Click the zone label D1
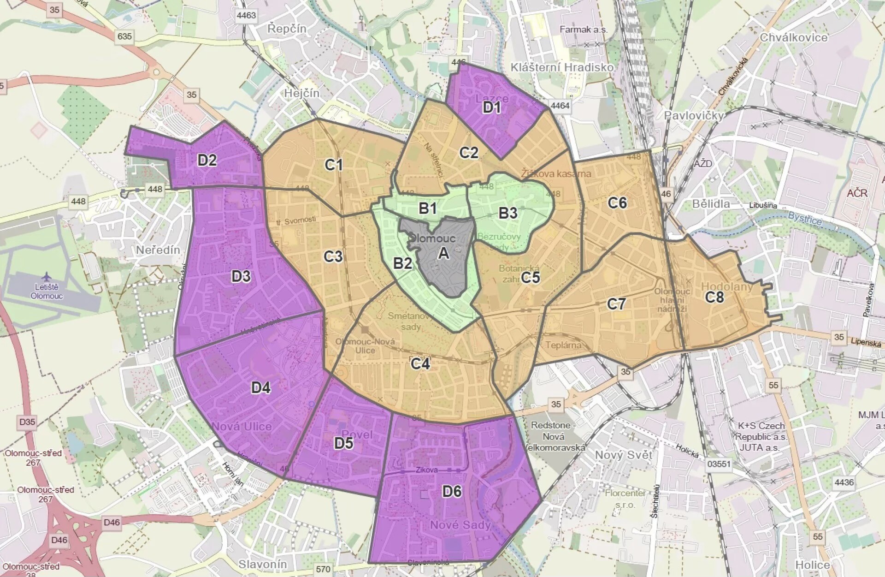pos(491,107)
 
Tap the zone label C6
pos(617,202)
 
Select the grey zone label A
pos(443,253)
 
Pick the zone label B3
pos(508,213)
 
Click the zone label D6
pos(452,491)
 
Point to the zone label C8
pos(714,297)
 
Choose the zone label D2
pos(207,160)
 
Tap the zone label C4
pos(420,364)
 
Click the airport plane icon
pos(46,277)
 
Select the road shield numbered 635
pos(124,36)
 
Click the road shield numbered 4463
pos(246,15)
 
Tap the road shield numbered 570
pos(323,569)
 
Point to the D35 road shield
pos(27,422)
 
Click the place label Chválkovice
pos(794,37)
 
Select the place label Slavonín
pos(263,564)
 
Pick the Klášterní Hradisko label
pos(562,67)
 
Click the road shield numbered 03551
pos(719,464)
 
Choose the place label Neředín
pos(158,250)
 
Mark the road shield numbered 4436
pos(844,482)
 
